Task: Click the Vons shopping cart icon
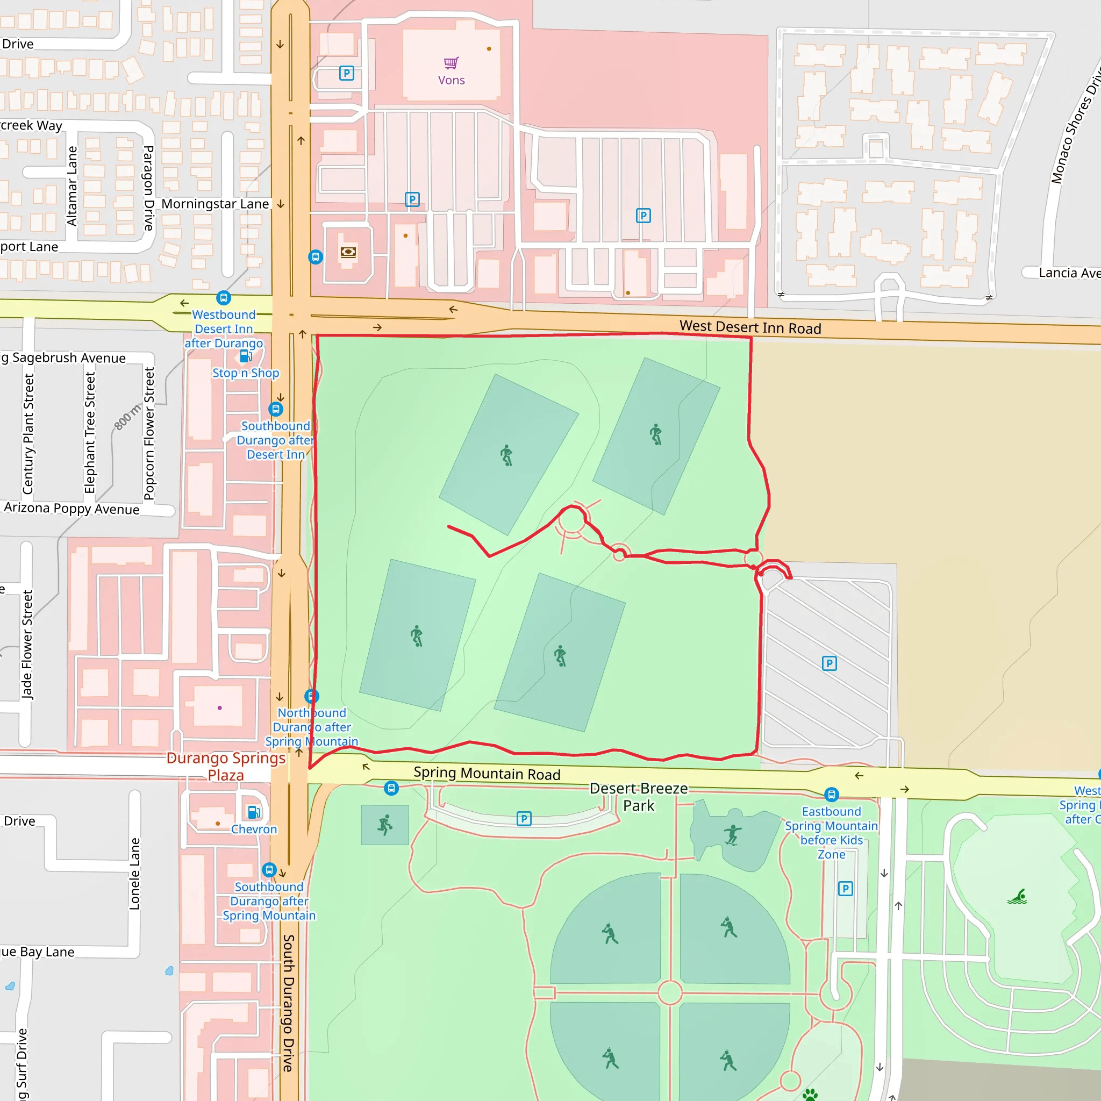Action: coord(452,63)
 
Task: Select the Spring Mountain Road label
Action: coord(487,773)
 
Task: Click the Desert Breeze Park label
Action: coord(638,797)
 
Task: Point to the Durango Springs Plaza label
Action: coord(226,767)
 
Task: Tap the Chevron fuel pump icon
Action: coord(254,812)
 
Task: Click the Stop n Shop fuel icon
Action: coord(246,357)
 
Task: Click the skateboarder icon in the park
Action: coord(732,835)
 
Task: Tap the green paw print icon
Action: coord(810,1093)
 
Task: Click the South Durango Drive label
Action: coord(289,1003)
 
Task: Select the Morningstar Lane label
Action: coord(215,204)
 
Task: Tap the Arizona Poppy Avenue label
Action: coord(72,509)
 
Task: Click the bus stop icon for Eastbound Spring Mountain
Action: coord(832,795)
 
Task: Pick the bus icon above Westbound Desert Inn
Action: coord(224,297)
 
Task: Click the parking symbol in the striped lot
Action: coord(829,663)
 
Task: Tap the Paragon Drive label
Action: coord(149,188)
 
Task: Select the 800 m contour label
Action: coord(127,417)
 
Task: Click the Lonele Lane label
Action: coord(134,874)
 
